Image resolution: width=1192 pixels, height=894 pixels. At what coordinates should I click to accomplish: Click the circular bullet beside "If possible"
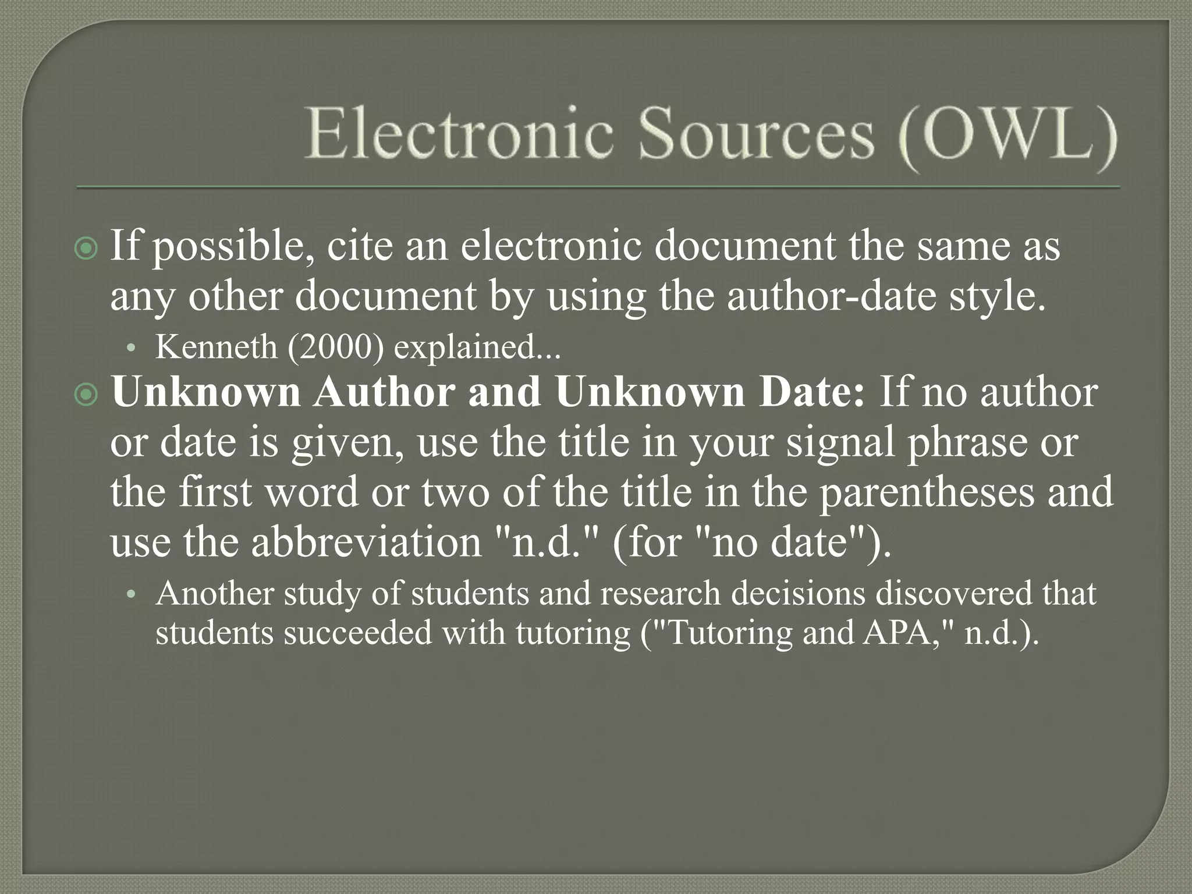pos(87,249)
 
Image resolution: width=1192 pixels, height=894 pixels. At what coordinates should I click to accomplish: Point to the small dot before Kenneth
pos(132,349)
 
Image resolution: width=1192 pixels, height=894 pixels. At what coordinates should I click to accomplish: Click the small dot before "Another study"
pos(132,595)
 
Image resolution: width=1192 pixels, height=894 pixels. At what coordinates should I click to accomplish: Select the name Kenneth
pos(216,347)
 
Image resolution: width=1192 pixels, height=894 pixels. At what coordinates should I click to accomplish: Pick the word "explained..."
pos(477,347)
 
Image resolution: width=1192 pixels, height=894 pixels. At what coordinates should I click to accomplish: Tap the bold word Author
pos(385,392)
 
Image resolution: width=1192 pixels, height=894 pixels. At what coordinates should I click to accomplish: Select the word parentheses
pos(926,492)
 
